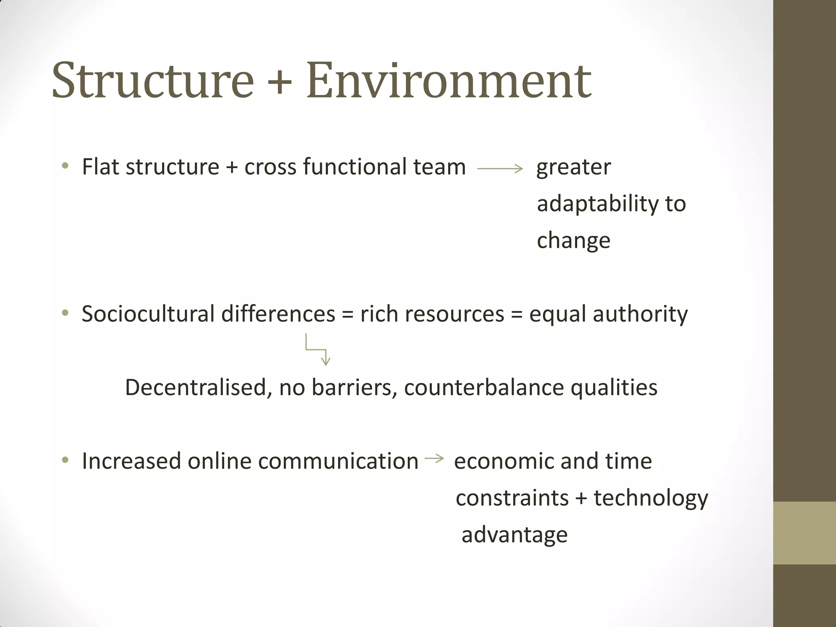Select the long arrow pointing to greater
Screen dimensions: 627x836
point(500,168)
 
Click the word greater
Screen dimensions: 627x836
point(574,167)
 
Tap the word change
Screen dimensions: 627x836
point(574,240)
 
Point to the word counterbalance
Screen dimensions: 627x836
point(484,387)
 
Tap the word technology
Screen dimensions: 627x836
point(651,498)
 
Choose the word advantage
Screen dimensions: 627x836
point(514,535)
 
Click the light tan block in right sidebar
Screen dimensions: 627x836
point(804,533)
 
